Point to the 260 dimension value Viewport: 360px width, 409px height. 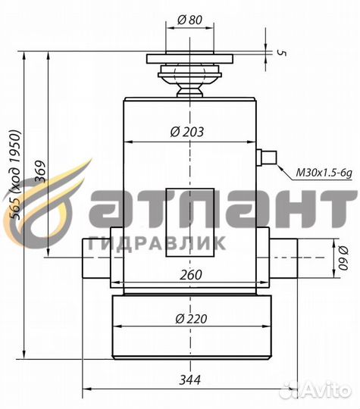click(192, 275)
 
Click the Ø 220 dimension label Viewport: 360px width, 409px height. click(189, 319)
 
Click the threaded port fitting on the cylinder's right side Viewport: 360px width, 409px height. click(266, 158)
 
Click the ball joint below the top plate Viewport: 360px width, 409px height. click(190, 79)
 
